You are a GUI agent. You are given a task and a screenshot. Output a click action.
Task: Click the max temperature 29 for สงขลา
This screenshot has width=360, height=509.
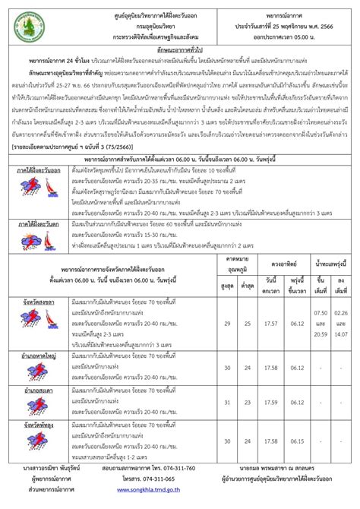coord(228,324)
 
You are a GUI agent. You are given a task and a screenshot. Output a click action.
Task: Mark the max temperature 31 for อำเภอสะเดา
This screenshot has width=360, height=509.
coord(228,403)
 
